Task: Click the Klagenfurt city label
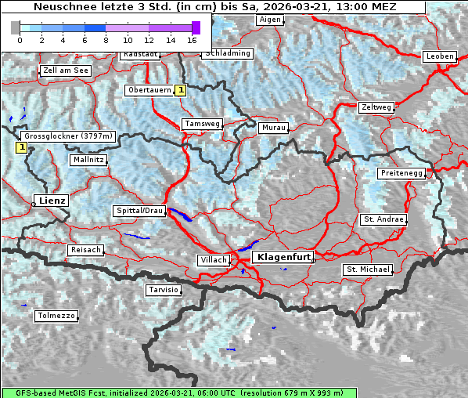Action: (285, 256)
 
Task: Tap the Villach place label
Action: (214, 259)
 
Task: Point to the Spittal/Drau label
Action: (140, 211)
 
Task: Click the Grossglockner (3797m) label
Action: (68, 136)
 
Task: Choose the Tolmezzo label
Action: (56, 317)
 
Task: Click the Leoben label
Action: (439, 56)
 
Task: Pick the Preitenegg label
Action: (401, 172)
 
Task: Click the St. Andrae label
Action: (383, 219)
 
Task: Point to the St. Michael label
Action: (368, 270)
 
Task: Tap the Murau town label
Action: (274, 127)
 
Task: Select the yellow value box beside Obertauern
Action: (181, 90)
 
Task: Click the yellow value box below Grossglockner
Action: (21, 147)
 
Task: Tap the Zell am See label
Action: (66, 71)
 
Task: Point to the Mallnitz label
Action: (88, 160)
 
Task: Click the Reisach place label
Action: (85, 250)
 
